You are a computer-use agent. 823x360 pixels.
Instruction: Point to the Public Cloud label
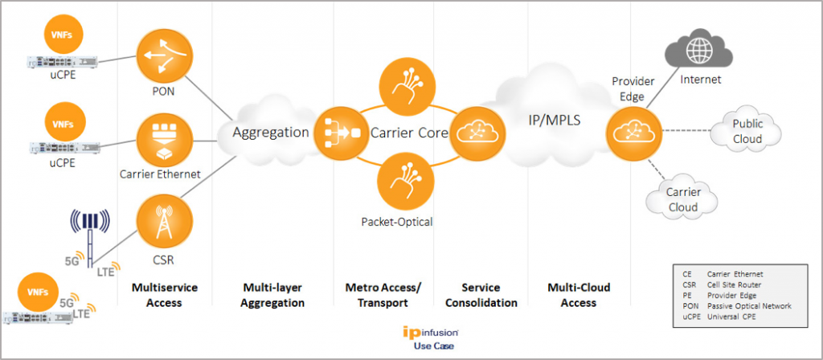click(747, 131)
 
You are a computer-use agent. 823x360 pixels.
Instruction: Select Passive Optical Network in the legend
click(748, 306)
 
